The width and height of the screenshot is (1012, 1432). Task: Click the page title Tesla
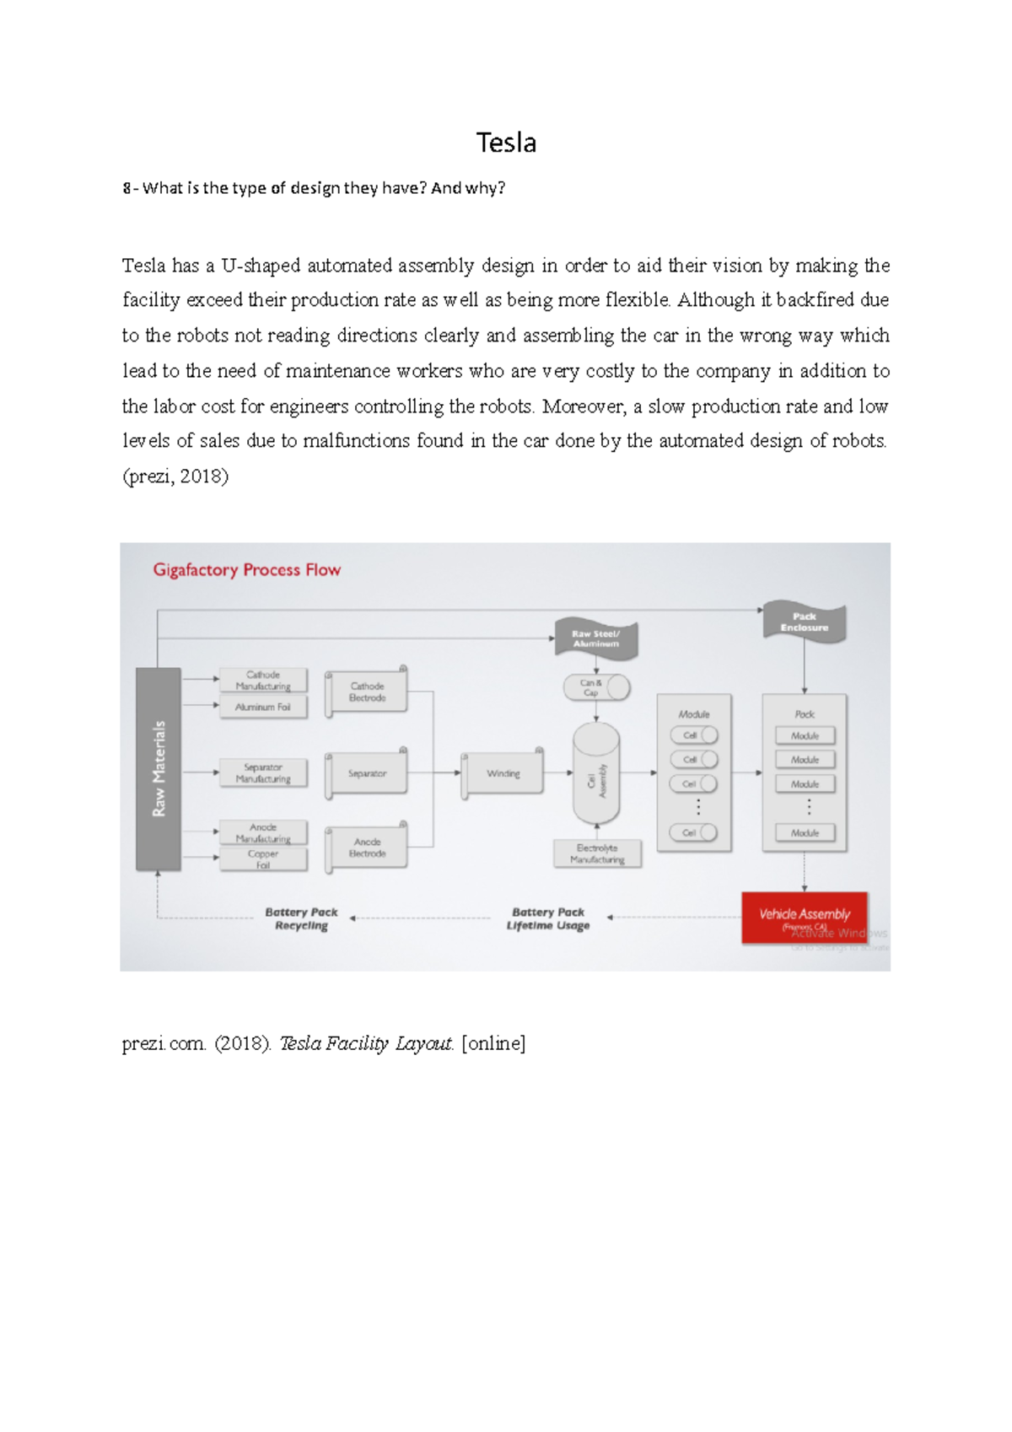pos(506,143)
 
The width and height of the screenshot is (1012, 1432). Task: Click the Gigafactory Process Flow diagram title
pos(246,570)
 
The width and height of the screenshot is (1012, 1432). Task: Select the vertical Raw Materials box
pos(159,768)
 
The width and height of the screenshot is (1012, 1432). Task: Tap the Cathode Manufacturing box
pos(263,681)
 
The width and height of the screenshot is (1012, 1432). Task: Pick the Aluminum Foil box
pos(263,708)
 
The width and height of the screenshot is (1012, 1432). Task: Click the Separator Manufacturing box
pos(263,773)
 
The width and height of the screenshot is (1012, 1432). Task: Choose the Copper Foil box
pos(263,859)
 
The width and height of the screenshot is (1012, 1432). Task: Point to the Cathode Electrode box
pos(368,692)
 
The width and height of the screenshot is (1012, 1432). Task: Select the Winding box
pos(503,773)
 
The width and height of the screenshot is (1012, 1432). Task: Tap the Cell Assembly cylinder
pos(596,776)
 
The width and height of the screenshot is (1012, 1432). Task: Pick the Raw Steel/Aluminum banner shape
pos(596,638)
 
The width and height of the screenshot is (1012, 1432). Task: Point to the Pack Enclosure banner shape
pos(804,622)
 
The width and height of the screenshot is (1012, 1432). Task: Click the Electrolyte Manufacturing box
pos(597,853)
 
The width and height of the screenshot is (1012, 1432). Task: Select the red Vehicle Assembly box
pos(805,917)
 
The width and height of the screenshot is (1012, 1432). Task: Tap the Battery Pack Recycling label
pos(301,918)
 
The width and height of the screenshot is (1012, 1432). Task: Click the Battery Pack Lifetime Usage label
pos(548,918)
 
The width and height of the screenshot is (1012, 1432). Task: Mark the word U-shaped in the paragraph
pos(261,266)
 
